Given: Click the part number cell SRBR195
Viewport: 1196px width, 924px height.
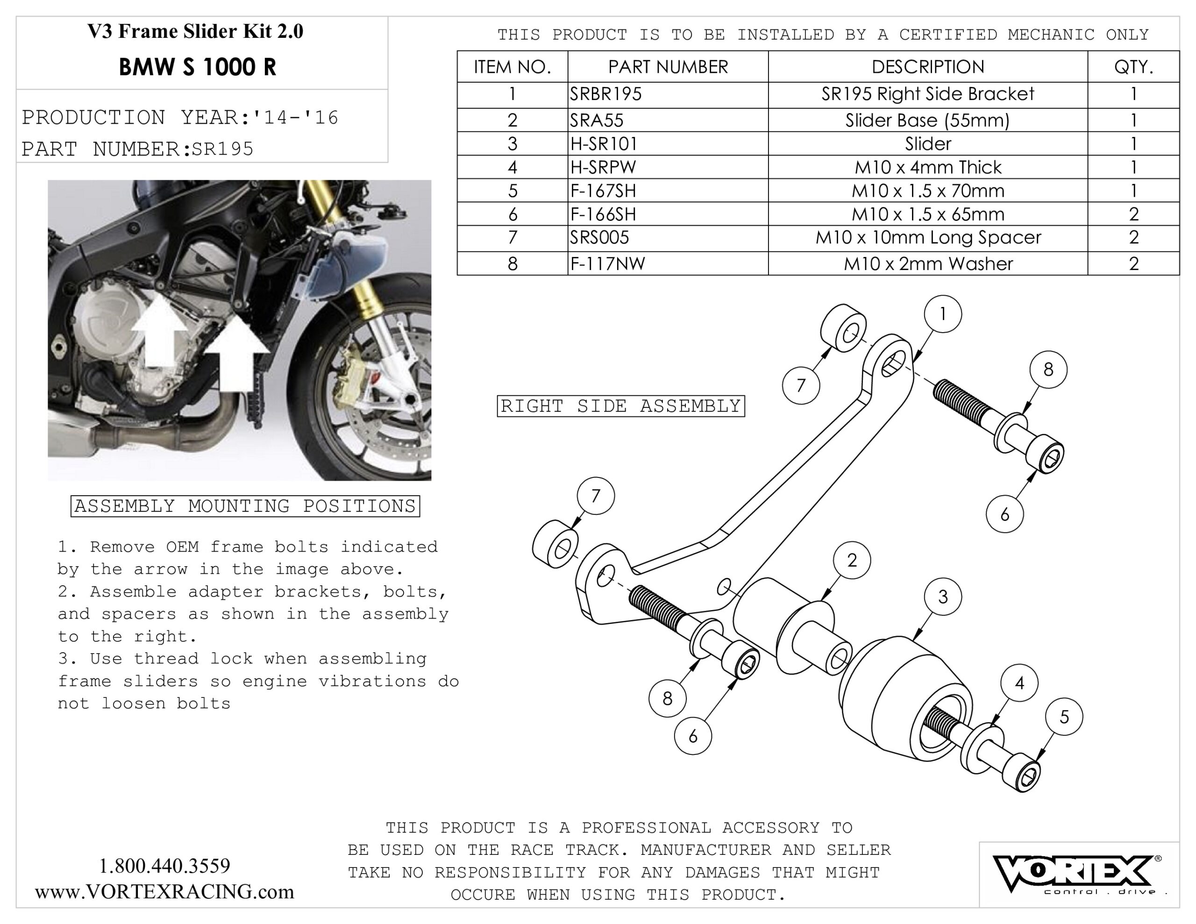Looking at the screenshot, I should click(x=605, y=94).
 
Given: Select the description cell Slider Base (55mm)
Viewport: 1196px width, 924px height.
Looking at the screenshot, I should click(x=927, y=120).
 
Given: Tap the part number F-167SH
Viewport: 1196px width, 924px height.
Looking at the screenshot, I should click(x=603, y=191).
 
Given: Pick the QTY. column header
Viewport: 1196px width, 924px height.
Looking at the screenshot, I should click(x=1133, y=67).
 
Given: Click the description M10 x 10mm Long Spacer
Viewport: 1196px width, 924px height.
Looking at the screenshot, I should click(x=927, y=238).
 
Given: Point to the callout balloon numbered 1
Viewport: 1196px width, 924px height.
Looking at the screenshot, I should click(x=942, y=314).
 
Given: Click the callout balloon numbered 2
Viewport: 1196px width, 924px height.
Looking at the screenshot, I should click(x=852, y=560).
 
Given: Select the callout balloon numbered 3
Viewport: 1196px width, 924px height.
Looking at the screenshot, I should click(x=942, y=597).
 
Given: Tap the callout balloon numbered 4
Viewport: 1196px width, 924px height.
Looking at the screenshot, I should click(x=1019, y=682).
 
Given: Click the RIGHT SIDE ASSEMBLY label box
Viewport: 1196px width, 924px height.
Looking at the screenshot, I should click(x=620, y=406).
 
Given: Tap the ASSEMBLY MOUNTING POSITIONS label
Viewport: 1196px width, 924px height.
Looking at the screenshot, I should click(x=245, y=505).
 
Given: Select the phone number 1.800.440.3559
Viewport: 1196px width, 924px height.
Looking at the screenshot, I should click(x=164, y=866).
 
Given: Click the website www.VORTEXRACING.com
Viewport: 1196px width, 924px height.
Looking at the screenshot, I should click(x=164, y=892).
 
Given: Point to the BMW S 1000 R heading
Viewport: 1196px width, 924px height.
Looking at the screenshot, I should click(x=197, y=67).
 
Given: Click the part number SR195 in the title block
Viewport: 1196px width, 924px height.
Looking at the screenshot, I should click(x=222, y=149).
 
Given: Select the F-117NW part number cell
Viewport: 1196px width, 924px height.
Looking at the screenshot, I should click(x=607, y=264).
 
